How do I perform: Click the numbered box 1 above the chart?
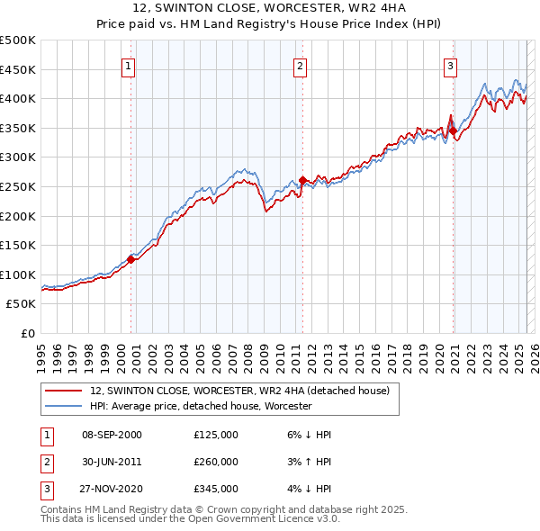[x=129, y=66]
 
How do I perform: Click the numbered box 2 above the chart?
[x=300, y=66]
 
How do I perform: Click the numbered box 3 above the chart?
[x=450, y=66]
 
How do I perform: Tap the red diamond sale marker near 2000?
[x=130, y=260]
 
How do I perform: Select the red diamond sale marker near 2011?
[x=302, y=180]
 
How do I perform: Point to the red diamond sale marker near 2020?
[x=453, y=130]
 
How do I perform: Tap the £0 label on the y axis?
[x=28, y=333]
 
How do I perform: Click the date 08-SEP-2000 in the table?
[x=112, y=435]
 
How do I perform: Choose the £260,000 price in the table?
[x=216, y=462]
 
